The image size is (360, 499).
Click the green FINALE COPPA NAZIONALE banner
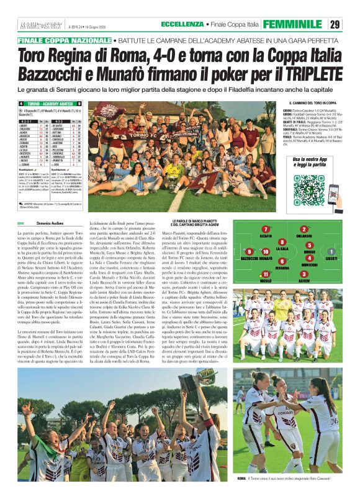pyautogui.click(x=64, y=40)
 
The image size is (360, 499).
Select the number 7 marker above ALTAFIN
pyautogui.click(x=265, y=230)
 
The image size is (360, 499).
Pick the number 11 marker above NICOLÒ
pyautogui.click(x=266, y=274)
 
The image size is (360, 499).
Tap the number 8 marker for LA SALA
pyautogui.click(x=282, y=241)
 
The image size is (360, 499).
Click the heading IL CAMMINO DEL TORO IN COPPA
pyautogui.click(x=313, y=103)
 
